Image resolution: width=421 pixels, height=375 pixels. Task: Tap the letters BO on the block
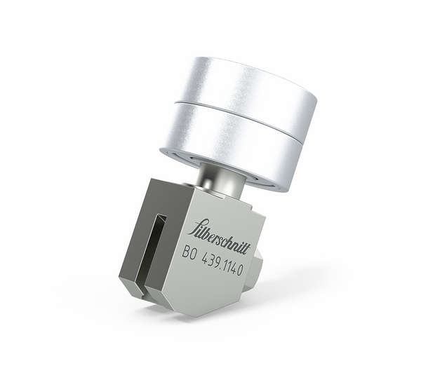click(189, 254)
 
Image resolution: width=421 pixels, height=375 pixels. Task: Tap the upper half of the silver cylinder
click(246, 84)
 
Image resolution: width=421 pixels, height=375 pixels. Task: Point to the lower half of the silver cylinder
click(232, 144)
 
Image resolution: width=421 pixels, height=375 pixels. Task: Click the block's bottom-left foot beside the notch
click(131, 286)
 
